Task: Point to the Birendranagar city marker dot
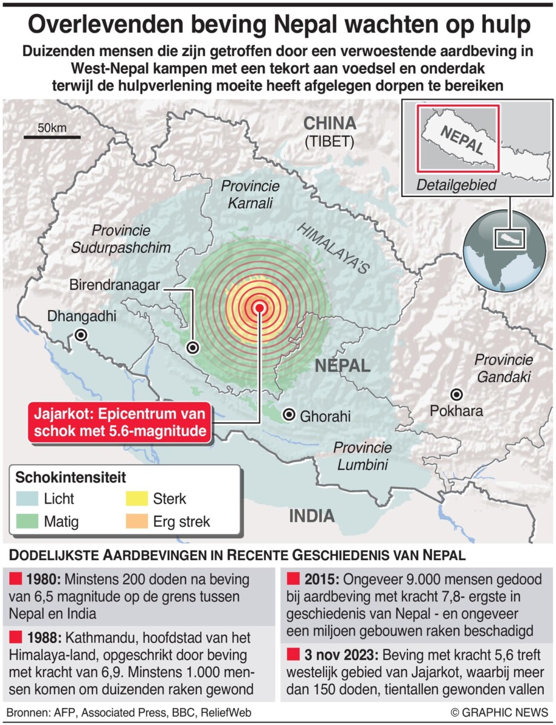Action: tap(193, 347)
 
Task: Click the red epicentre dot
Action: tap(260, 307)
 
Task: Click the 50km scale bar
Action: tap(52, 138)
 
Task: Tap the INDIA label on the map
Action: tap(311, 515)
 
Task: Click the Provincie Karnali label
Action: tap(251, 194)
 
